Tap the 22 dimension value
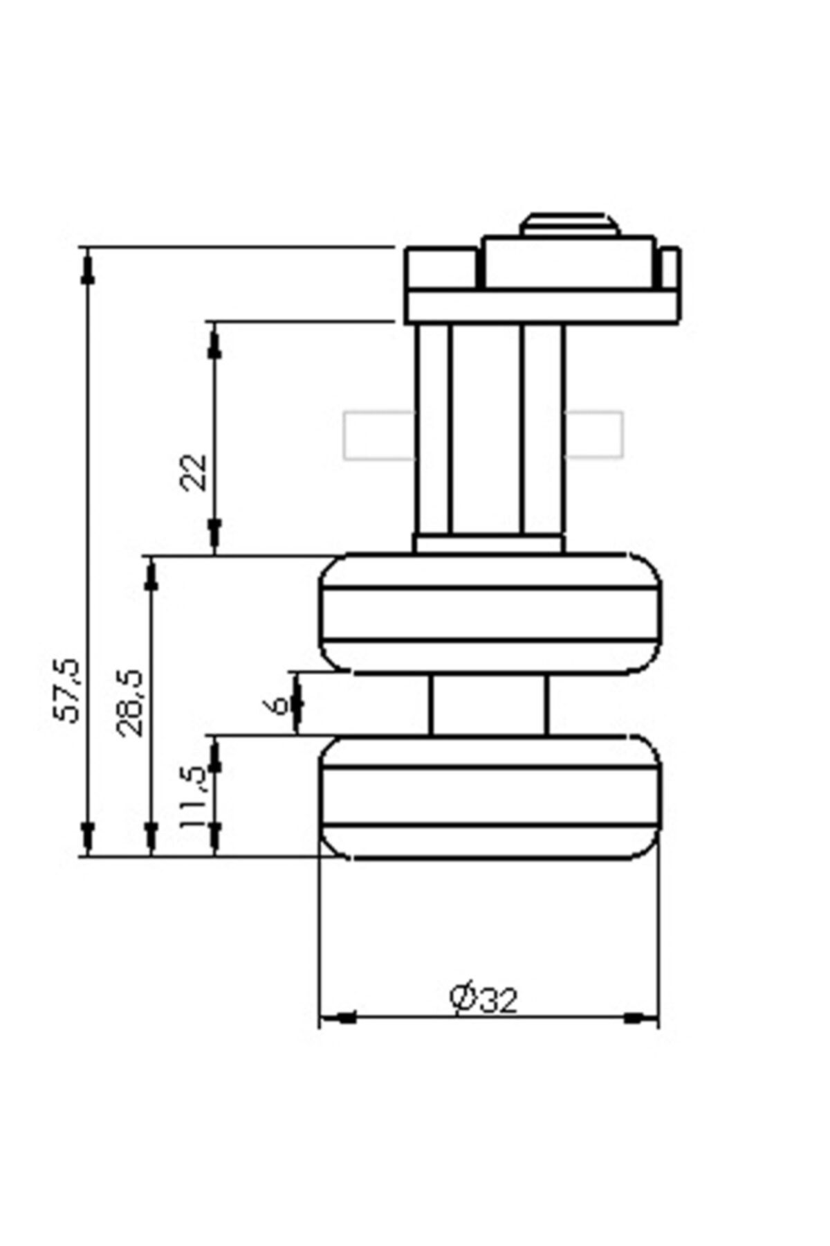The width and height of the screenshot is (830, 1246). click(194, 471)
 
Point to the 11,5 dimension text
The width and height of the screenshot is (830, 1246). click(193, 796)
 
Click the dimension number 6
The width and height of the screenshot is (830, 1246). click(276, 705)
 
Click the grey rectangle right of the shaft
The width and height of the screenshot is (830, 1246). click(594, 435)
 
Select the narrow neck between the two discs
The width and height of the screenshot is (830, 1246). click(488, 705)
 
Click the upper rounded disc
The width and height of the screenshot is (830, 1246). click(490, 613)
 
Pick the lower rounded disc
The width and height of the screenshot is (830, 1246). click(490, 797)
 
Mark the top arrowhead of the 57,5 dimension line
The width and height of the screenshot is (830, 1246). click(87, 267)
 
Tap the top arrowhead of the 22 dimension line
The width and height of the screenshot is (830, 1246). click(214, 343)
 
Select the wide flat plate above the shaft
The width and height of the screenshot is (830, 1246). click(542, 307)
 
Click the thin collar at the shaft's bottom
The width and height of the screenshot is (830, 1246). click(488, 544)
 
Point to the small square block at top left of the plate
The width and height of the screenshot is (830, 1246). click(441, 269)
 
